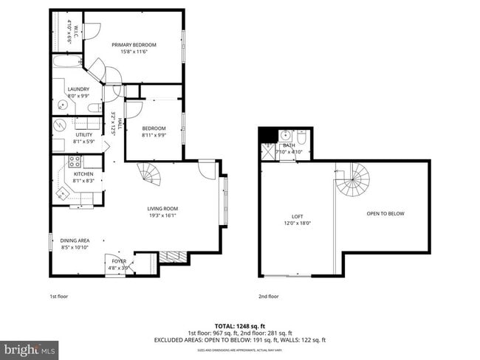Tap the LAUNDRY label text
click(78, 90)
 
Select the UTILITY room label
click(84, 135)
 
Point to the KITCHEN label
click(83, 174)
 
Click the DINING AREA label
click(75, 240)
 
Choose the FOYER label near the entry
click(119, 261)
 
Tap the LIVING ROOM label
click(162, 209)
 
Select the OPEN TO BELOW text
click(385, 214)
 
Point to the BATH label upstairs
click(289, 145)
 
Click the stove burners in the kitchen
click(75, 162)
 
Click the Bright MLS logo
click(30, 347)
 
